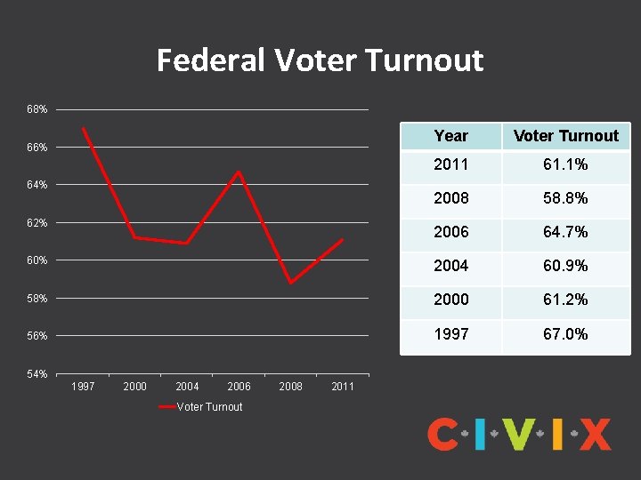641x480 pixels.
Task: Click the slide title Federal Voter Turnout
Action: click(x=320, y=60)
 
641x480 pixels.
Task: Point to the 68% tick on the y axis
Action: click(x=37, y=109)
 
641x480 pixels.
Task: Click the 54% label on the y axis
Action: click(x=37, y=374)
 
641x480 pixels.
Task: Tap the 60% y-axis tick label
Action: click(x=37, y=260)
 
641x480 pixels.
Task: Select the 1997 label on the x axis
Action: click(x=83, y=387)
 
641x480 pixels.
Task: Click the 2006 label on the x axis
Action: click(x=239, y=387)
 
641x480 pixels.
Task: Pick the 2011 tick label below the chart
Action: click(x=342, y=387)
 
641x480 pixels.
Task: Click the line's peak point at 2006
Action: click(x=239, y=172)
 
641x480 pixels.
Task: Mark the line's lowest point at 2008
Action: click(x=290, y=283)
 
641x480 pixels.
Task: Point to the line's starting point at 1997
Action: click(x=83, y=128)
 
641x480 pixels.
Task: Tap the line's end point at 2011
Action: click(x=342, y=239)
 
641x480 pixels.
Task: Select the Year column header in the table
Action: click(x=450, y=136)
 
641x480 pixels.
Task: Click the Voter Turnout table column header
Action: click(x=566, y=136)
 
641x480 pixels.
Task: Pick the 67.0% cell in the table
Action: click(x=566, y=333)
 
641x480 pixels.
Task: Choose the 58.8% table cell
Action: click(x=566, y=198)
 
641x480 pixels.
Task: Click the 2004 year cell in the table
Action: click(x=450, y=266)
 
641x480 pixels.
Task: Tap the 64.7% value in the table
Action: click(x=566, y=232)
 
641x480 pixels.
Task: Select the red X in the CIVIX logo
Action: click(x=595, y=435)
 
